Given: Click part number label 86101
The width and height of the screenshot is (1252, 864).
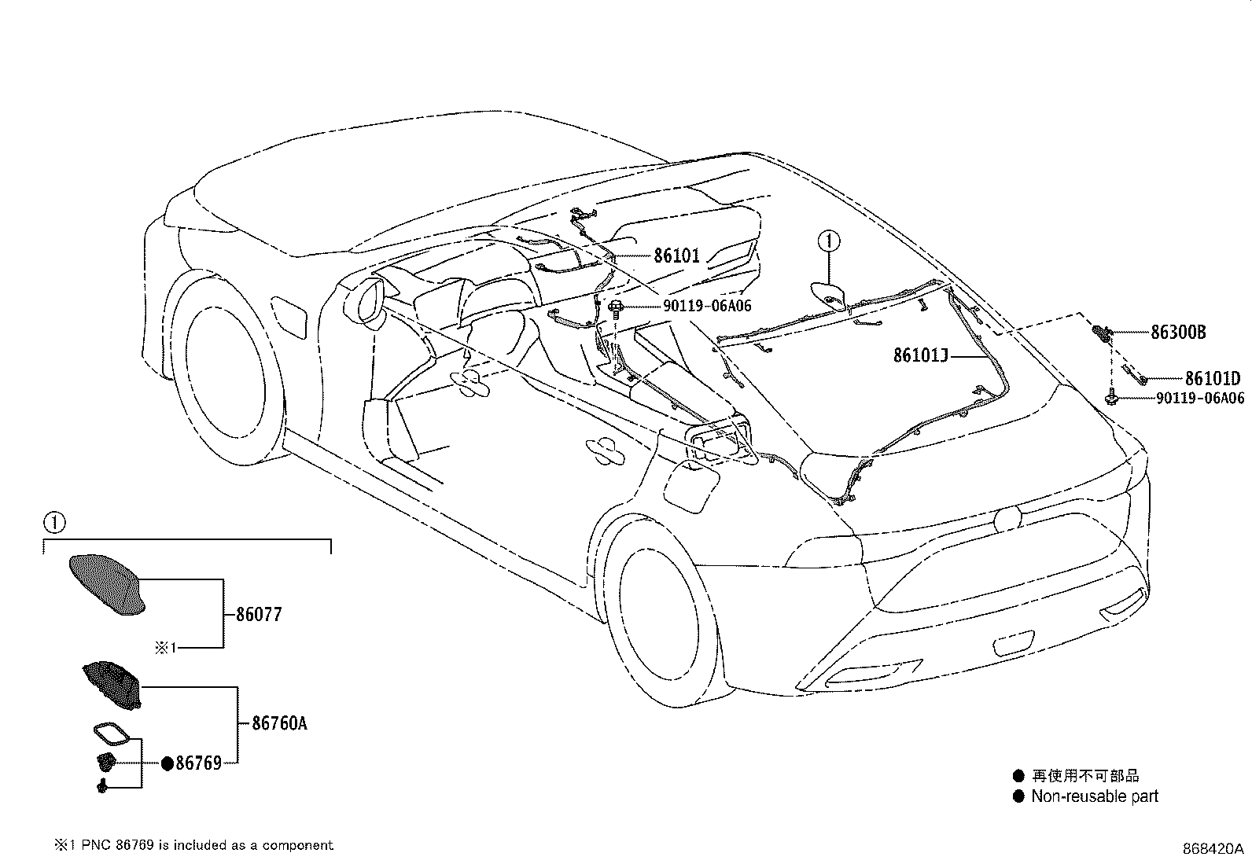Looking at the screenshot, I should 676,256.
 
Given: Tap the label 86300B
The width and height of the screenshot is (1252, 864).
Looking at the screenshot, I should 1177,333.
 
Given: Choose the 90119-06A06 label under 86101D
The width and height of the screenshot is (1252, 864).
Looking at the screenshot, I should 1199,399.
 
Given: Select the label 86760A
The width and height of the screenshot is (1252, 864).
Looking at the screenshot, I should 279,722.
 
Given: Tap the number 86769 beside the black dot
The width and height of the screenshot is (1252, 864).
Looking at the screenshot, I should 198,763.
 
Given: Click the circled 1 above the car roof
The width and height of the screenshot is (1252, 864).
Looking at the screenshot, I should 828,241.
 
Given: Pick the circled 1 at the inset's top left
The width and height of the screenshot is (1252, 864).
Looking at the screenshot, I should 53,522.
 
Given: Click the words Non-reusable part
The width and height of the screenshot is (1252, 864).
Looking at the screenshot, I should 1095,796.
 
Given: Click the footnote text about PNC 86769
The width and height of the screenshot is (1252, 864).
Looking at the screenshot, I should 193,845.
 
